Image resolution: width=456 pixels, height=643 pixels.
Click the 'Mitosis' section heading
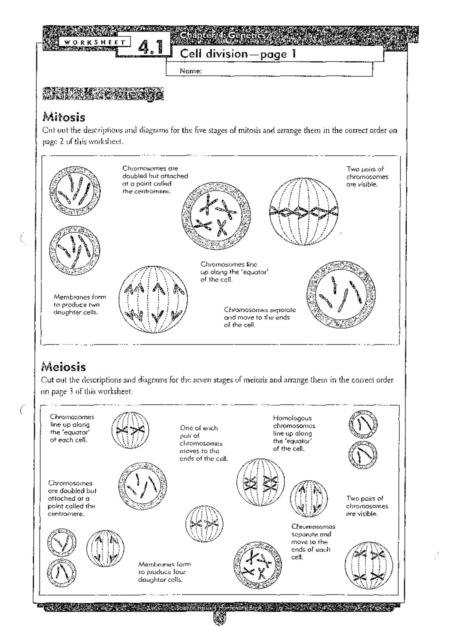coord(63,117)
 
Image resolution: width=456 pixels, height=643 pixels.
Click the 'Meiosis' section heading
coord(63,367)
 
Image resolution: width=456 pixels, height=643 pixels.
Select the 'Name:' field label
coord(190,71)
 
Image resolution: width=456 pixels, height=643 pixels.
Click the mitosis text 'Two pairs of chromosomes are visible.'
coord(367,177)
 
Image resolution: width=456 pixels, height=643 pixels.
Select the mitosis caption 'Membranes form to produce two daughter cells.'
coord(79,305)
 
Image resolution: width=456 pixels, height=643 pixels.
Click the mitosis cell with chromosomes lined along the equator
coord(303,212)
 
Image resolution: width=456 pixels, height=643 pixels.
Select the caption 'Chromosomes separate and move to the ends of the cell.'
coord(260,317)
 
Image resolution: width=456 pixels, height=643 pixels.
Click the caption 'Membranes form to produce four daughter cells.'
coord(164,572)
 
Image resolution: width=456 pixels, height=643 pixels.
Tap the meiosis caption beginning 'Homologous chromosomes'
coord(294,433)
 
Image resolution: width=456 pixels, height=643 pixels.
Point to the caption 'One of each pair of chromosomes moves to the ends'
coord(203,443)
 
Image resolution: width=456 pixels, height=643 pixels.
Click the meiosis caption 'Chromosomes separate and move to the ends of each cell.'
coord(313,542)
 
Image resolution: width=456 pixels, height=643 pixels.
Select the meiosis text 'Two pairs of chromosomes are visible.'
coord(367,506)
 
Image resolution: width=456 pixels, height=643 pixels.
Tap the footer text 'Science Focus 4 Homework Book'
coord(218,608)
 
